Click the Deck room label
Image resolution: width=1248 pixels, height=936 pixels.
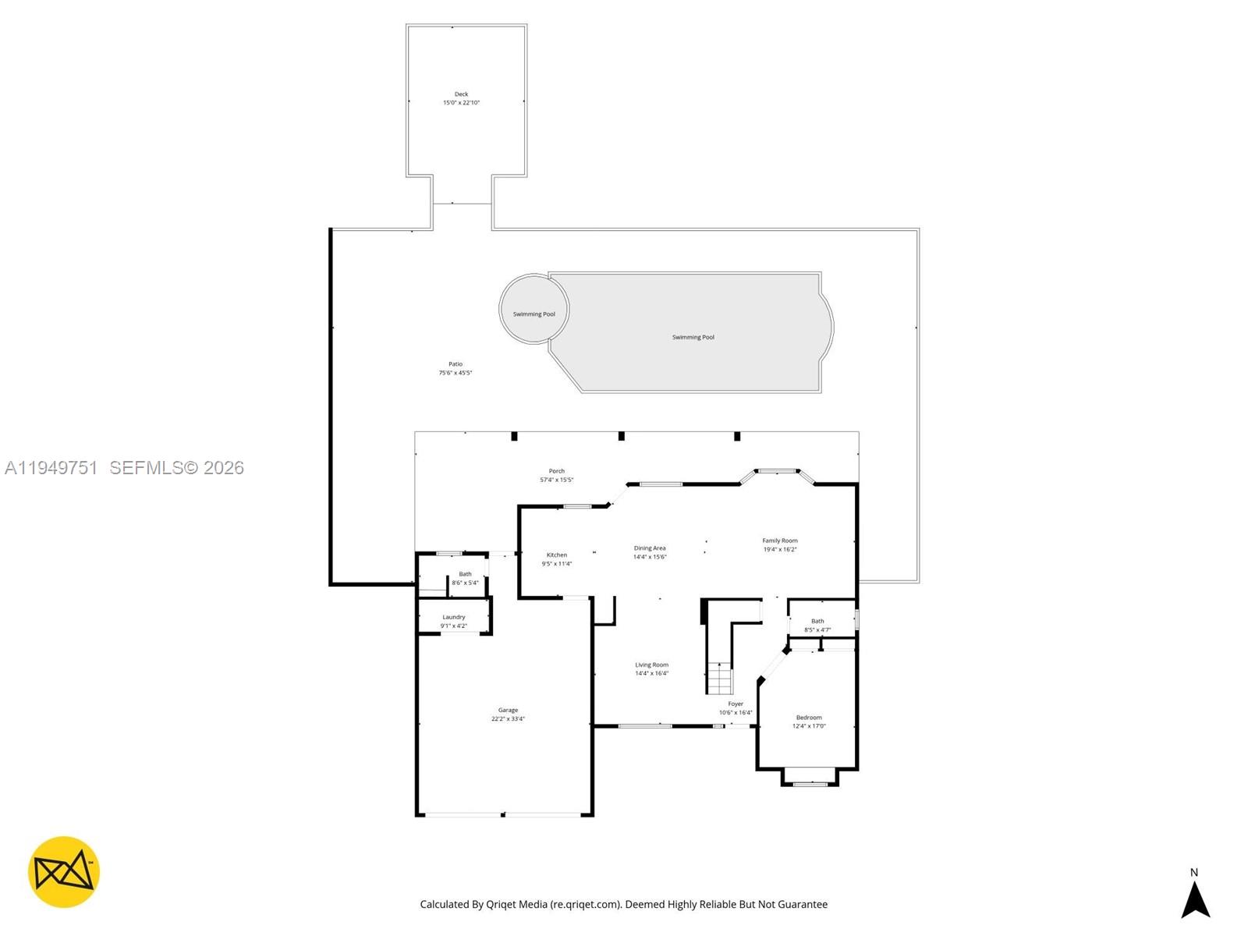point(461,94)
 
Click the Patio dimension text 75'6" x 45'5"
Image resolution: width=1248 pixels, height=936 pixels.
point(456,373)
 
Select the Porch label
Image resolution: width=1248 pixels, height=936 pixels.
point(556,471)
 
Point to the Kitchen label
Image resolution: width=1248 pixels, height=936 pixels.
point(557,555)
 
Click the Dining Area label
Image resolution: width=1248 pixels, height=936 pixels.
point(650,548)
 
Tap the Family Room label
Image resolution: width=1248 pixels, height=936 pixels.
point(780,541)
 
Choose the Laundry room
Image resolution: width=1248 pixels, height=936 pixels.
point(454,617)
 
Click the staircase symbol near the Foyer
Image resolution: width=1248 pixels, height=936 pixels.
point(720,678)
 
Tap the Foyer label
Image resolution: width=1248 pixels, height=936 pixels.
point(736,704)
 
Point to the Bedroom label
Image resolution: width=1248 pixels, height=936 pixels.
point(809,718)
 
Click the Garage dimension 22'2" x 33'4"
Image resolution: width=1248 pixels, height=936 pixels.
point(508,719)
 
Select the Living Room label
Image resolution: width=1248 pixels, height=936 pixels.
point(651,665)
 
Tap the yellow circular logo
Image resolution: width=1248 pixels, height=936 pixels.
point(64,872)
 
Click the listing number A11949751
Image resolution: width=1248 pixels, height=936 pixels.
point(51,468)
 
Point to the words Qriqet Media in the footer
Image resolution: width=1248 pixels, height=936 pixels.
point(516,905)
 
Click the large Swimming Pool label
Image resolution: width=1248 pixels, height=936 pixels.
point(693,338)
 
